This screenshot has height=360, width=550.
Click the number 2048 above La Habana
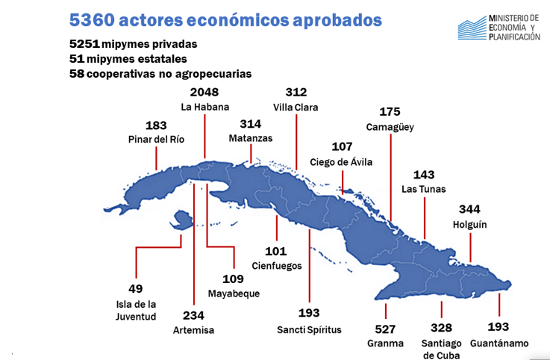(x=204, y=93)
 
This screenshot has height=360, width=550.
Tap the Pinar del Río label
(x=155, y=139)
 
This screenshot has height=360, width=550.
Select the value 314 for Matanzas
(x=250, y=123)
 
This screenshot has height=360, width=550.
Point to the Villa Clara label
(x=296, y=108)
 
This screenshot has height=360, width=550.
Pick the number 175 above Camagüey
(x=390, y=112)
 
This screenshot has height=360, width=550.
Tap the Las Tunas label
(x=424, y=189)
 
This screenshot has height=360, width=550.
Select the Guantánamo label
(x=499, y=344)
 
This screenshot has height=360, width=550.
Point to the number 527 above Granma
(x=385, y=327)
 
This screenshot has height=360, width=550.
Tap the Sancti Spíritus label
(x=308, y=329)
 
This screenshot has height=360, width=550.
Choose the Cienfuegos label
(x=276, y=265)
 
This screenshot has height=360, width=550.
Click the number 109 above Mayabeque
(x=234, y=279)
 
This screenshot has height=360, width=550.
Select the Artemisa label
(x=193, y=329)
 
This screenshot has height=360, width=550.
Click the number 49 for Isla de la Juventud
(x=136, y=288)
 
